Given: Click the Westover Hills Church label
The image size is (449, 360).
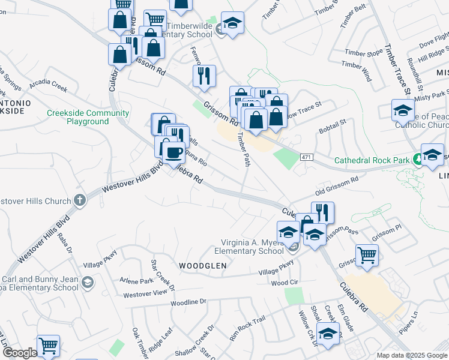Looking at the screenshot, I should [x=36, y=202].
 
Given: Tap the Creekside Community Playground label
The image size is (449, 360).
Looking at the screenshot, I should [x=88, y=117].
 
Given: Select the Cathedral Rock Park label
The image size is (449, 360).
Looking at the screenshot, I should [x=372, y=160].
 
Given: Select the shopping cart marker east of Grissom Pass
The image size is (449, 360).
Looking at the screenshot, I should [x=367, y=255].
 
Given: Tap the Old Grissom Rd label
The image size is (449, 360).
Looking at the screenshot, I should [x=337, y=186].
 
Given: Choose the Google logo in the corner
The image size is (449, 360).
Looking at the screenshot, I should [x=20, y=353].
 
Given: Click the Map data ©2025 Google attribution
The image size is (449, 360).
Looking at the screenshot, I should [x=412, y=355].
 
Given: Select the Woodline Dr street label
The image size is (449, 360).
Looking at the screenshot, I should [x=188, y=302].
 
